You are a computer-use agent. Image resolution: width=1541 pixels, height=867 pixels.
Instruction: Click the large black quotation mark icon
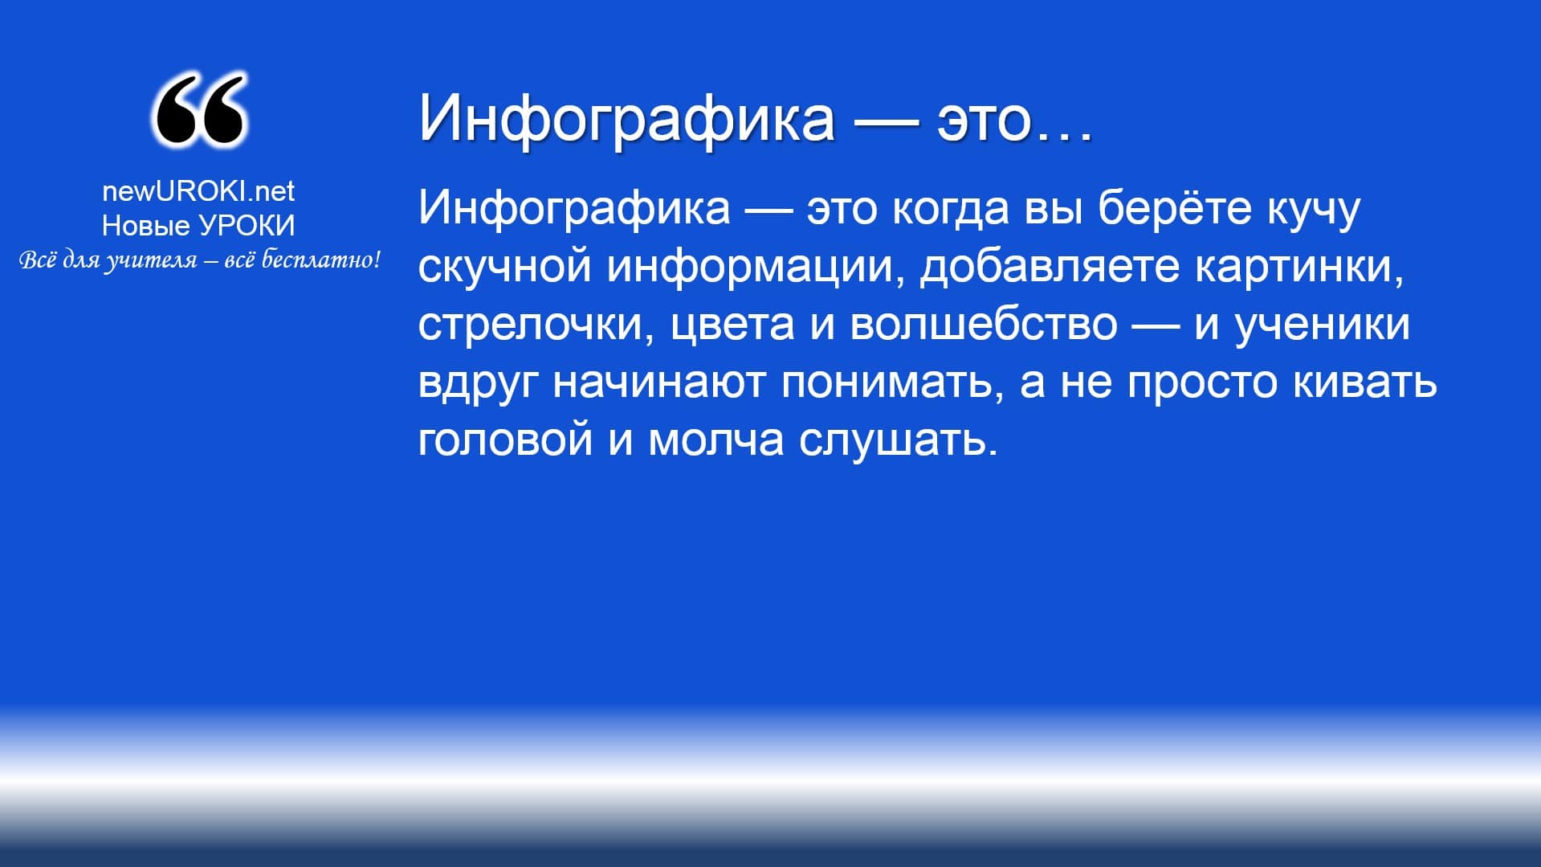coord(198,110)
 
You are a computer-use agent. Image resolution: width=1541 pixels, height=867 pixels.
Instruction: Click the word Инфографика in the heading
coord(627,117)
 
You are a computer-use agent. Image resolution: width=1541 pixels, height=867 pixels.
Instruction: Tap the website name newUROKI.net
coord(198,190)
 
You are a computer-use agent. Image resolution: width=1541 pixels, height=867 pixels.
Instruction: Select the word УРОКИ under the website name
coord(247,226)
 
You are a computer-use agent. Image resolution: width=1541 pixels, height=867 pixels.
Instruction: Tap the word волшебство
coord(984,323)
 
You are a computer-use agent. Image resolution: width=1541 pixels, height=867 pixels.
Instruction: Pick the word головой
coord(506,441)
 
